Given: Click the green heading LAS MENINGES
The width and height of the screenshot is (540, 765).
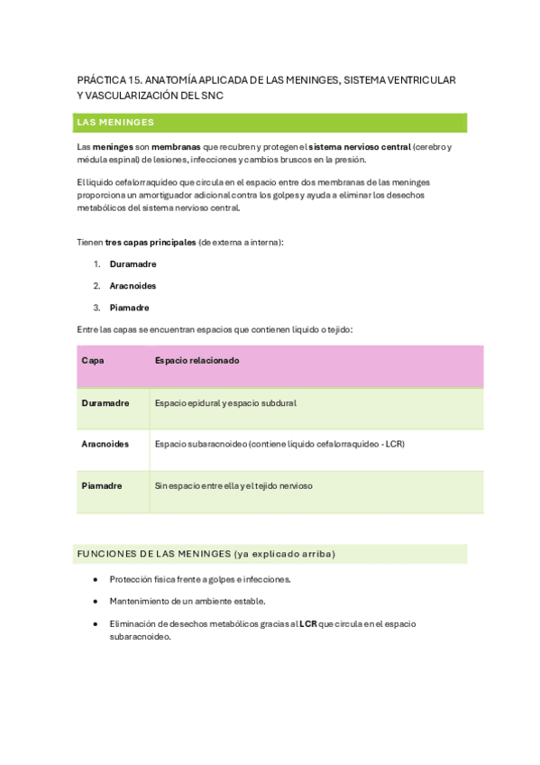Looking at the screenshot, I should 116,122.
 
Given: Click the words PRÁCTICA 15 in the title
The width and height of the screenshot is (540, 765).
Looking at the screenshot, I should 108,80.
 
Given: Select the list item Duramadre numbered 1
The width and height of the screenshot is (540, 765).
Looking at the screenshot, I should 133,264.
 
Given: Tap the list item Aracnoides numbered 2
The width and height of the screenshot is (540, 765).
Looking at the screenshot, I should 133,286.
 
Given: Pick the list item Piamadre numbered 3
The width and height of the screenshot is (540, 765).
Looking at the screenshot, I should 130,308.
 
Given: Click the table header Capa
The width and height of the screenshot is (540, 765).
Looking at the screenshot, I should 93,360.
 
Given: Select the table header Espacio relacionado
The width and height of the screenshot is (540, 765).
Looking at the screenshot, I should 197,360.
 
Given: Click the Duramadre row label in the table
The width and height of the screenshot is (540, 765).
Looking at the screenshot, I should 105,402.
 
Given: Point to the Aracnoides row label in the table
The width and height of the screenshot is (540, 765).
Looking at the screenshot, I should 105,444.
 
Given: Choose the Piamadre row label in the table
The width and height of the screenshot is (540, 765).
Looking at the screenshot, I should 102,485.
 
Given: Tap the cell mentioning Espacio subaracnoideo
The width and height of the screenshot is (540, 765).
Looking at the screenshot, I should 279,444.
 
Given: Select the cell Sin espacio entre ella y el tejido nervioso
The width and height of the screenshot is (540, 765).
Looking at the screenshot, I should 233,485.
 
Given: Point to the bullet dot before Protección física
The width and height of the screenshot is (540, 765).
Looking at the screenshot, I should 96,579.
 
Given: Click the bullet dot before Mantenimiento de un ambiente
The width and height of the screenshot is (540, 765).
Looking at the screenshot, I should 96,601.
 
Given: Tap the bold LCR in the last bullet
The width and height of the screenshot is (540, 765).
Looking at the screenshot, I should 308,623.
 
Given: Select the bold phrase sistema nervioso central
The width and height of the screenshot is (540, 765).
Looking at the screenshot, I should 360,146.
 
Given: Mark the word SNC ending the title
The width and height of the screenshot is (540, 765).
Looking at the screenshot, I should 209,95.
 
